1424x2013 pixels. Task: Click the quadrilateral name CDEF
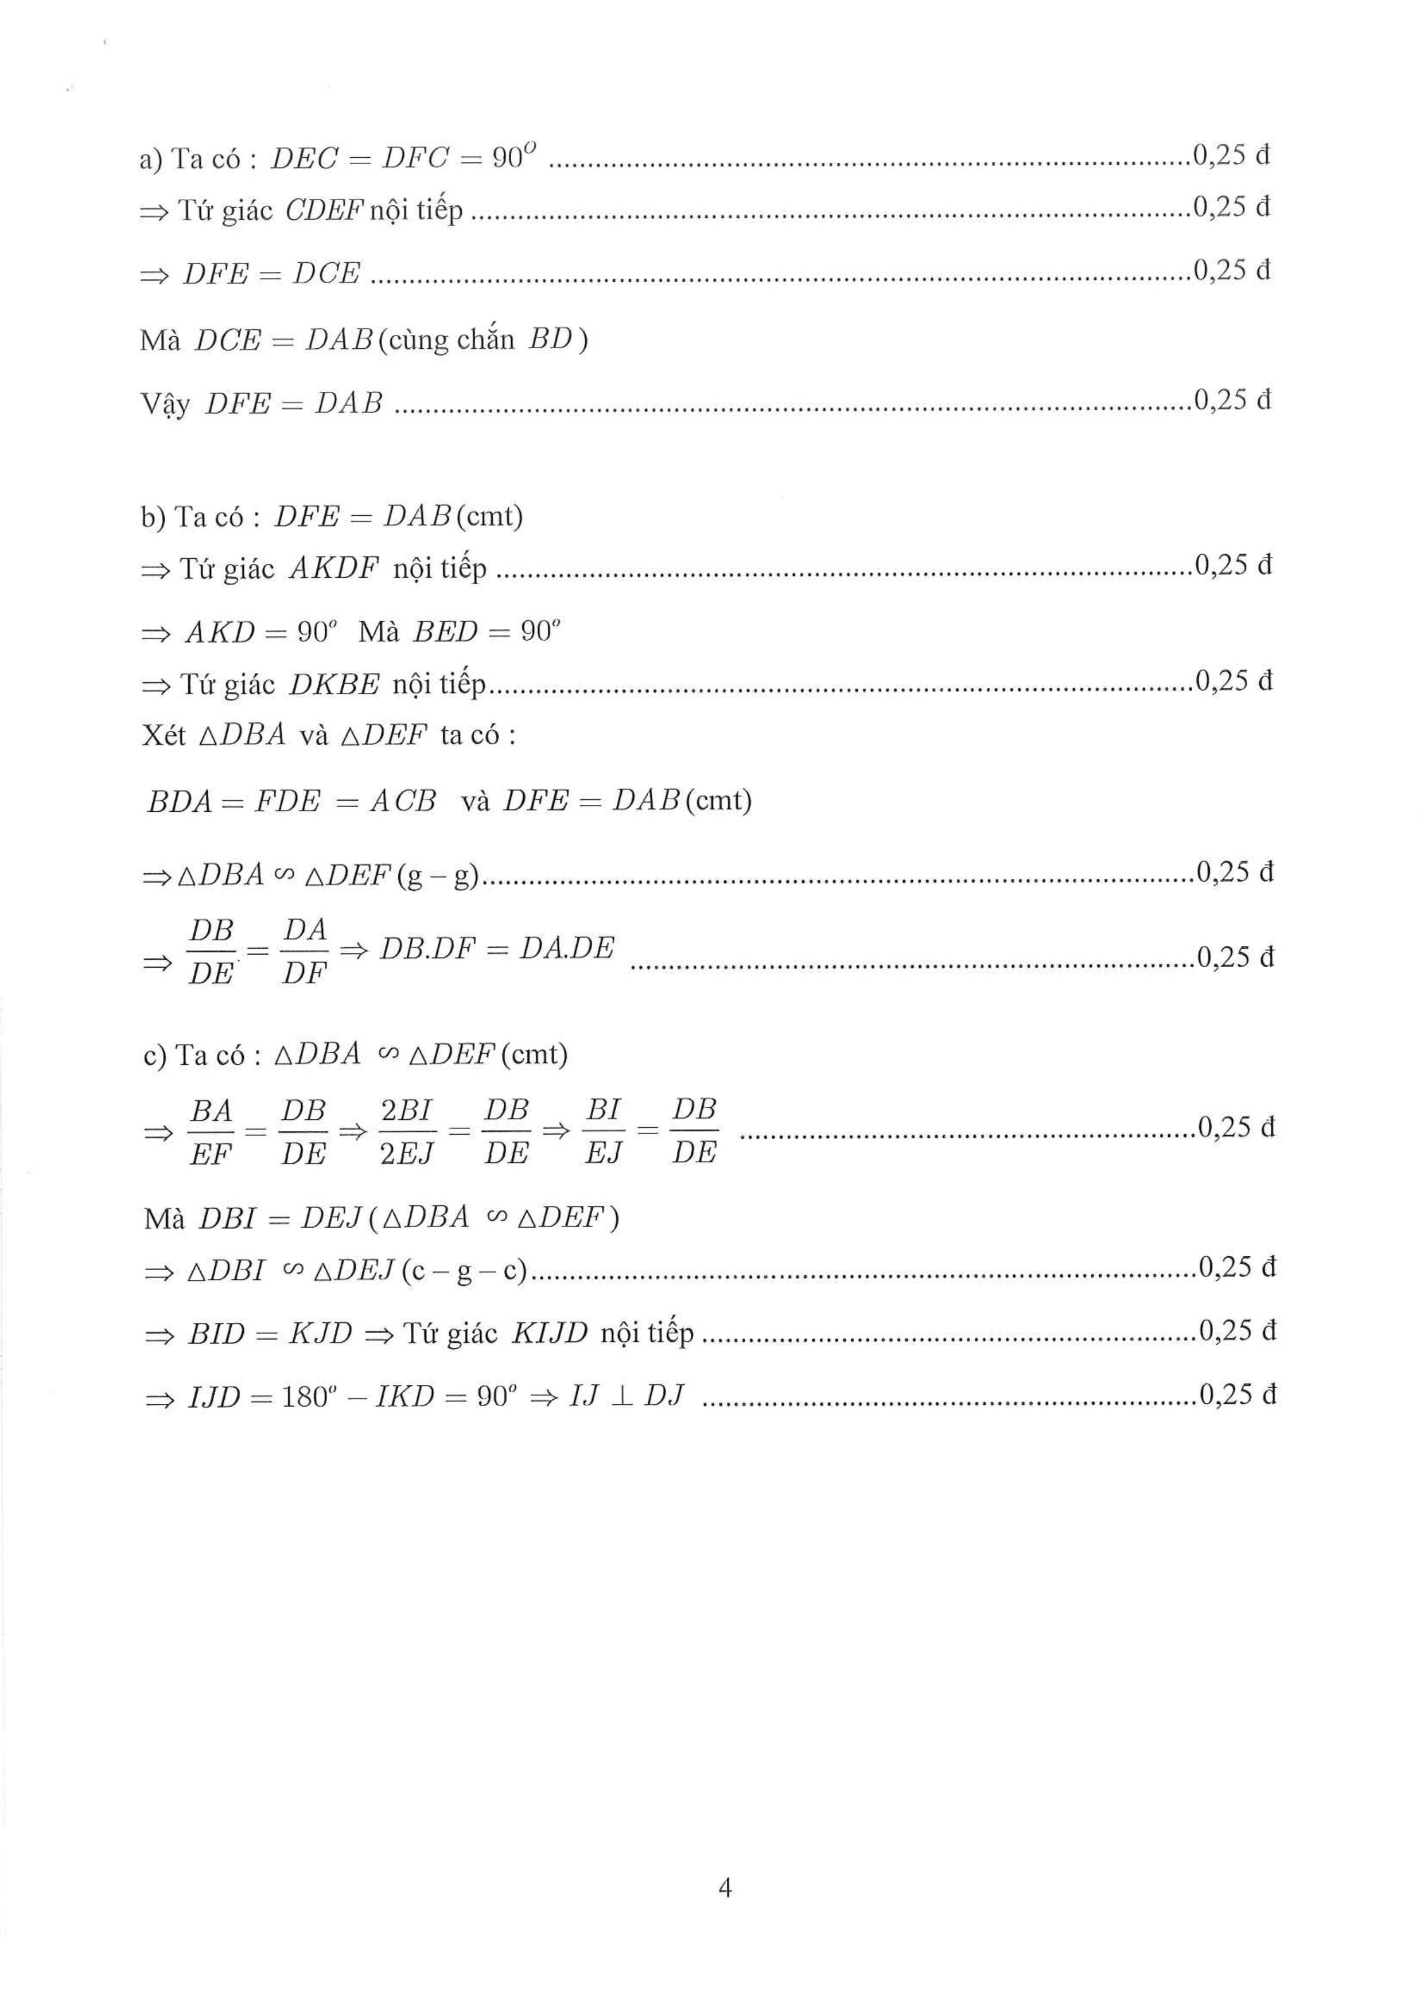(x=324, y=211)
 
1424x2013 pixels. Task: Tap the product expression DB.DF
(x=426, y=949)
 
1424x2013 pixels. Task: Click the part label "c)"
(x=154, y=1055)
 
